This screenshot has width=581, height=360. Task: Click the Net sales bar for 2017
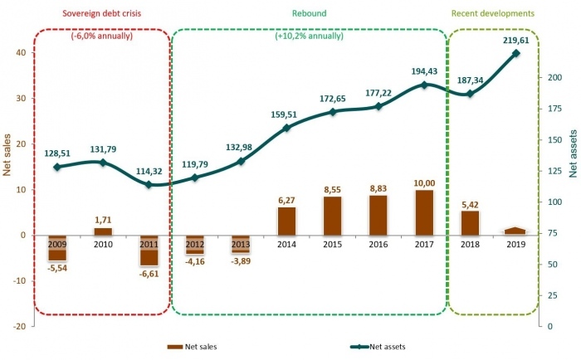pyautogui.click(x=424, y=212)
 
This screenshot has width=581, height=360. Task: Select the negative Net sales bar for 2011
pyautogui.click(x=149, y=250)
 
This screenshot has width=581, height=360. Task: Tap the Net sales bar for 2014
pyautogui.click(x=286, y=221)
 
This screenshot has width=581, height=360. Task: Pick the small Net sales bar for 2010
pyautogui.click(x=103, y=231)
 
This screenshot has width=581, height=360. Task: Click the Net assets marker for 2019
pyautogui.click(x=515, y=53)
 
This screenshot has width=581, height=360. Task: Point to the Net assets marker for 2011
pyautogui.click(x=149, y=184)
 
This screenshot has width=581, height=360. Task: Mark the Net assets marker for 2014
pyautogui.click(x=286, y=128)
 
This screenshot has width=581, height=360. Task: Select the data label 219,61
pyautogui.click(x=515, y=39)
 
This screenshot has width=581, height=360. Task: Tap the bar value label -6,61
pyautogui.click(x=149, y=273)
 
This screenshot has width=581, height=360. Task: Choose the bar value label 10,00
pyautogui.click(x=424, y=183)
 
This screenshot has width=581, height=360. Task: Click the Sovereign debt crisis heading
pyautogui.click(x=103, y=13)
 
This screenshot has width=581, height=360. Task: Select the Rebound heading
pyautogui.click(x=309, y=13)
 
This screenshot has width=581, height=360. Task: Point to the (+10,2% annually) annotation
pyautogui.click(x=309, y=36)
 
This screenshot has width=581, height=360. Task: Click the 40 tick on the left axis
pyautogui.click(x=20, y=52)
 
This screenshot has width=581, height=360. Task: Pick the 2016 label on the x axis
pyautogui.click(x=378, y=245)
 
